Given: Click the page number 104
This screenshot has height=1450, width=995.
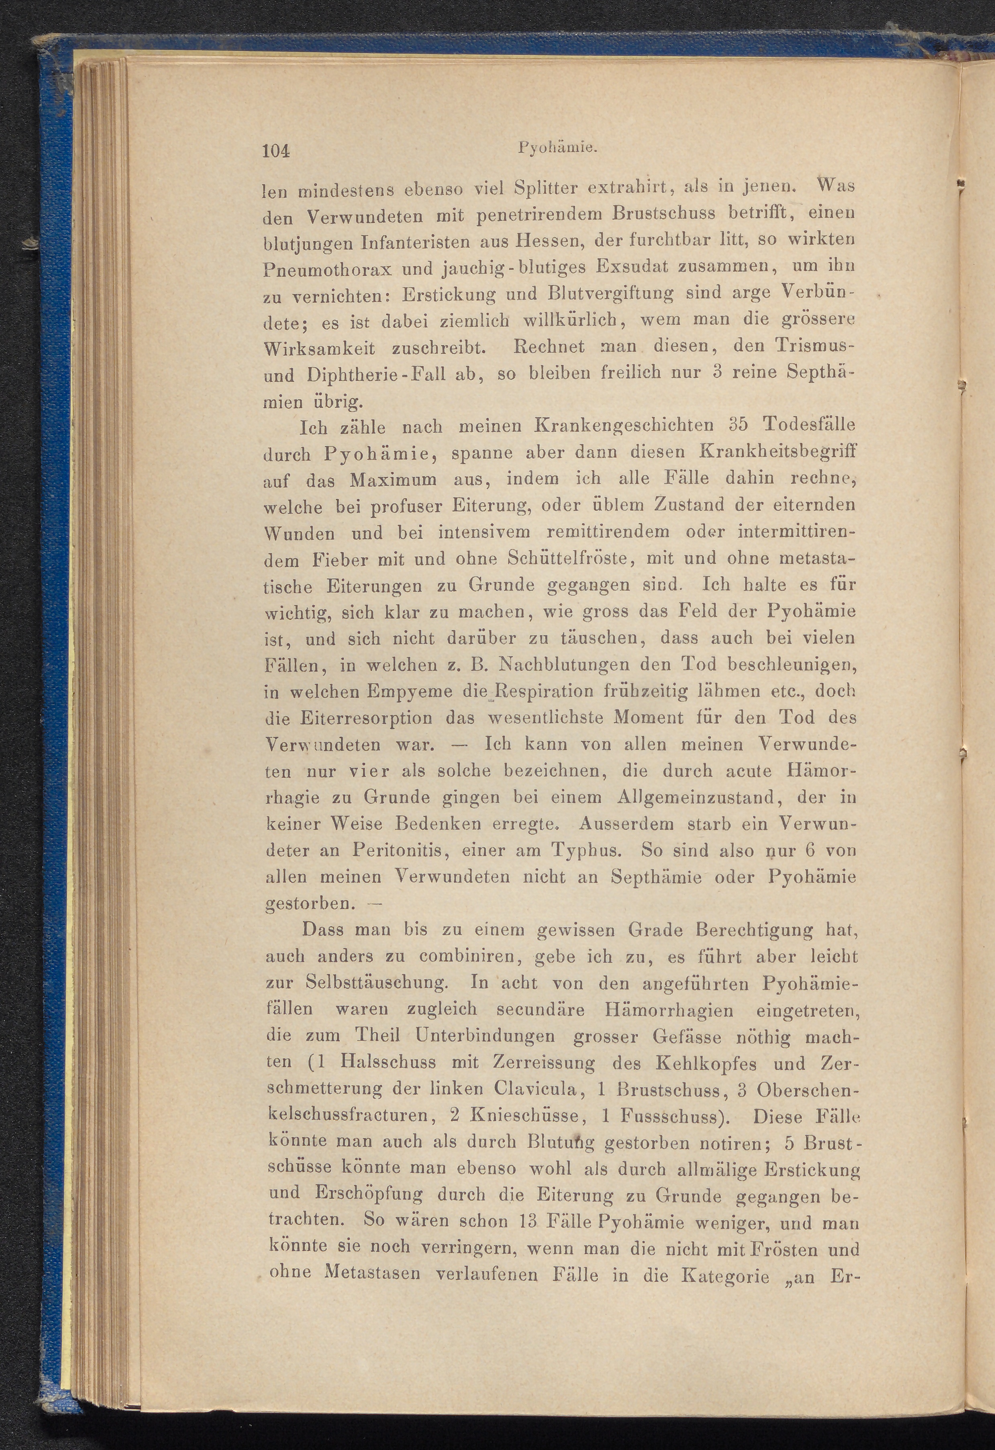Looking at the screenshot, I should (277, 152).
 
